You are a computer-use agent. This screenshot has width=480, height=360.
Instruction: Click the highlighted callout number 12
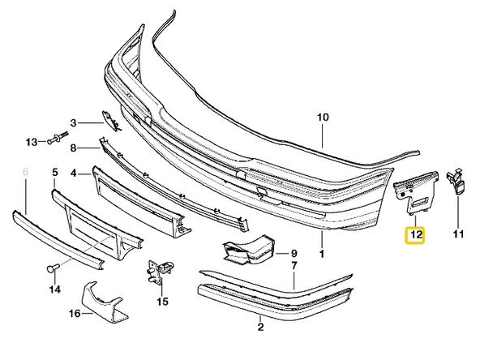[x=415, y=235]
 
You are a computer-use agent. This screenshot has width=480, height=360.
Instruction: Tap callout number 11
[x=458, y=234]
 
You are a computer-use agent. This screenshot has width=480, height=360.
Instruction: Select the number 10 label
[x=323, y=118]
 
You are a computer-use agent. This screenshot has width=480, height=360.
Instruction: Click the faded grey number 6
[x=26, y=172]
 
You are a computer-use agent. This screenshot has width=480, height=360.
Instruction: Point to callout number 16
[x=75, y=314]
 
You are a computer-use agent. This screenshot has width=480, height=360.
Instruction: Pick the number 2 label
[x=260, y=327]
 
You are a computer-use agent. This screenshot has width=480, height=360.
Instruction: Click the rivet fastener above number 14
[x=53, y=268]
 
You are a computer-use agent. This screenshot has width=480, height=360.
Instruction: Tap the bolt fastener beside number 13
[x=58, y=138]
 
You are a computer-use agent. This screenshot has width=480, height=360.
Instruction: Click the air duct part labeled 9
[x=249, y=249]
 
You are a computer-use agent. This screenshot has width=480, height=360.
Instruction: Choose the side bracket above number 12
[x=415, y=193]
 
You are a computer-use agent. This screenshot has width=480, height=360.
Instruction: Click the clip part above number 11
[x=456, y=182]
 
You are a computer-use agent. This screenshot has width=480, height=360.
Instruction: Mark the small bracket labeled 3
[x=110, y=121]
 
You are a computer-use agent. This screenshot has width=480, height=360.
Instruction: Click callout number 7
[x=294, y=266]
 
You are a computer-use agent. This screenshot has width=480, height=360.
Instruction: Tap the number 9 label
[x=294, y=254]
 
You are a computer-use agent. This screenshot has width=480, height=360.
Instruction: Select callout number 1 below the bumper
[x=322, y=254]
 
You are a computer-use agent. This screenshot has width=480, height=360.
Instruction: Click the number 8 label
[x=73, y=148]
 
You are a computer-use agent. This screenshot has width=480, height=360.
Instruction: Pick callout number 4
[x=73, y=174]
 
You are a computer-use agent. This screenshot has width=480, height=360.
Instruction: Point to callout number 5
[x=55, y=172]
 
